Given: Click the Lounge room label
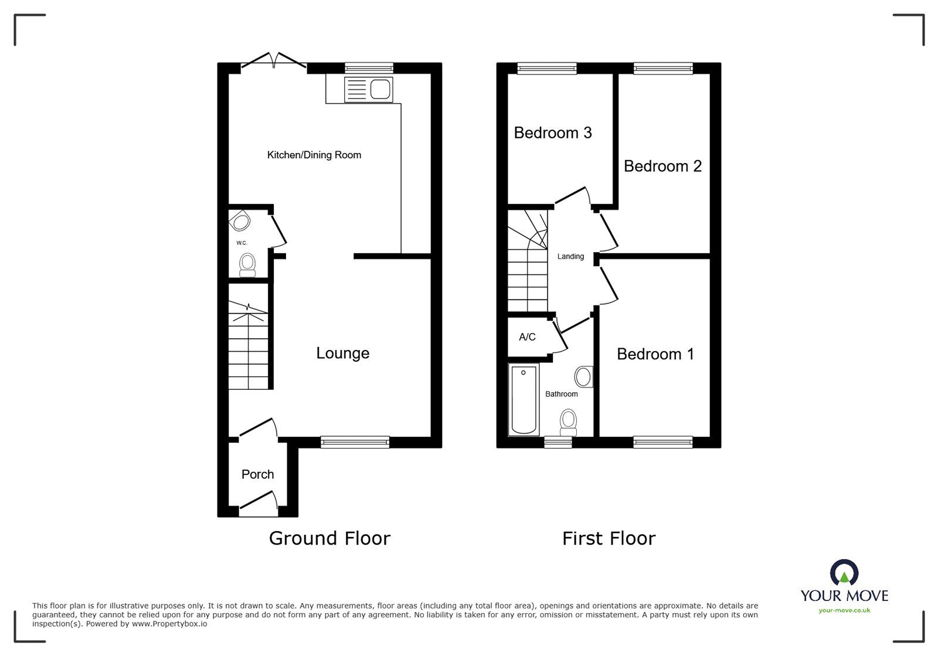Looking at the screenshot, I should [342, 353].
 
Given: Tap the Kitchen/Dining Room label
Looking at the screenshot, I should [314, 155].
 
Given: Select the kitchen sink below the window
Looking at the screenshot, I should [369, 90].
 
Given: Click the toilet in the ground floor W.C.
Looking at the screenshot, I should [248, 264].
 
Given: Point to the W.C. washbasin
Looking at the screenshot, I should [240, 222].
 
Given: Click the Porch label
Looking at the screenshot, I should [257, 474].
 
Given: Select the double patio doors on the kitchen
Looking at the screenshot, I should [273, 61].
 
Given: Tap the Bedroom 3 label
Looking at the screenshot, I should [552, 133].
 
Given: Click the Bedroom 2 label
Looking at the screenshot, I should [662, 166].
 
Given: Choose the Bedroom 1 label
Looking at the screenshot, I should [655, 354].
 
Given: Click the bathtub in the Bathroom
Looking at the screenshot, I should [524, 400].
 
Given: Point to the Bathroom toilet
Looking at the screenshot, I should [567, 422].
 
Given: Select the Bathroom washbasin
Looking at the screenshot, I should [583, 377].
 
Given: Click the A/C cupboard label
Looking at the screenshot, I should [527, 337].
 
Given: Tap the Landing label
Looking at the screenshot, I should [570, 257].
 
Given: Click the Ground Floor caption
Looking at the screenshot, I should [329, 538].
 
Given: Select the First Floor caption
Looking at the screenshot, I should [609, 538].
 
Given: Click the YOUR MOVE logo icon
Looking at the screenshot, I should [844, 573].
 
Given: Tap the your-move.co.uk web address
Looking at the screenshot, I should [844, 610].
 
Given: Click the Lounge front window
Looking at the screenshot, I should [355, 442].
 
